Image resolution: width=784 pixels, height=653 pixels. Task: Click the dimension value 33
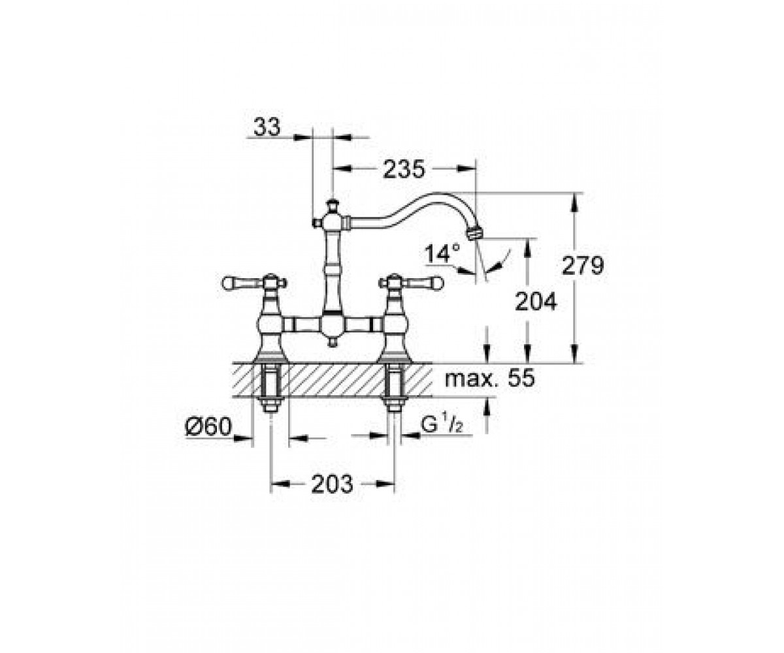coord(267,127)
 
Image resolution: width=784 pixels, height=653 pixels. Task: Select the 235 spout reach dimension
coord(404,170)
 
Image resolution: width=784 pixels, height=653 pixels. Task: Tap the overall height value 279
coord(582,266)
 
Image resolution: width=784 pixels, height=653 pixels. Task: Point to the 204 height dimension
coord(536,302)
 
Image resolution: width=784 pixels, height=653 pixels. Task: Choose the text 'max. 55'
coord(489,378)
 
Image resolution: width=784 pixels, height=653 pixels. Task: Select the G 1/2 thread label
coord(442,426)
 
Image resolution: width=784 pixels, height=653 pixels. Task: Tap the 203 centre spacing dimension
coord(333,484)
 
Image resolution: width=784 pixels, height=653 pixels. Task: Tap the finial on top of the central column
coord(331,205)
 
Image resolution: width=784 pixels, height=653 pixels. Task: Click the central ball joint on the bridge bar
coord(332,325)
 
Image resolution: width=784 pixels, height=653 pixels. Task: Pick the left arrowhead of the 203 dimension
coord(280,484)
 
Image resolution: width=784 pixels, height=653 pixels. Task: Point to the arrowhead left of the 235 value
coord(342,169)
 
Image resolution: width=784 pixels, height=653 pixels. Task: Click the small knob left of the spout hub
coord(316,224)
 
